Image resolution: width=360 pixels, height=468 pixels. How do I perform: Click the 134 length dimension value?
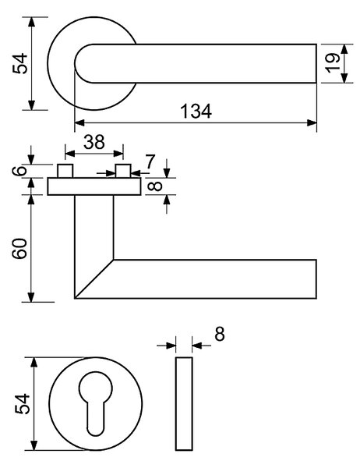pyautogui.click(x=196, y=111)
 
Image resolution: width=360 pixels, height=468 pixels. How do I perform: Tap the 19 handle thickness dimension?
pyautogui.click(x=333, y=63)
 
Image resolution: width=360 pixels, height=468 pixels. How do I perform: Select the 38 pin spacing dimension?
pyautogui.click(x=94, y=142)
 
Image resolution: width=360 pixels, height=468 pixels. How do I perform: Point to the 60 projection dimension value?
pyautogui.click(x=19, y=248)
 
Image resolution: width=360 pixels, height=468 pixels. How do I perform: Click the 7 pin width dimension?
pyautogui.click(x=150, y=161)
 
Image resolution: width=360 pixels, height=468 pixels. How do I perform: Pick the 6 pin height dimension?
pyautogui.click(x=19, y=171)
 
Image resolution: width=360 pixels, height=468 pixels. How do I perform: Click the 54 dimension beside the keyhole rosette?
pyautogui.click(x=23, y=404)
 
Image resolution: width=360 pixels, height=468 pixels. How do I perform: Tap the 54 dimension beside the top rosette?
pyautogui.click(x=20, y=64)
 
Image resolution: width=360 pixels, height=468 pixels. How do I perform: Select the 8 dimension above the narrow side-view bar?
pyautogui.click(x=219, y=334)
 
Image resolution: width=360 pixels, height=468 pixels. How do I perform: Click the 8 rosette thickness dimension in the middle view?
pyautogui.click(x=155, y=186)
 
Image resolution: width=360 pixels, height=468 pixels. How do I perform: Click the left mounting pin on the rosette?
pyautogui.click(x=65, y=171)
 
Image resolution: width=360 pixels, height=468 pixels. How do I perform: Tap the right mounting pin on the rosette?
pyautogui.click(x=123, y=171)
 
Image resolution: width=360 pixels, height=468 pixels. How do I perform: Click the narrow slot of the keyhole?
pyautogui.click(x=96, y=418)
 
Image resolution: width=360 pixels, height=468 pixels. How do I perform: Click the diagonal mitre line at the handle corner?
pyautogui.click(x=94, y=278)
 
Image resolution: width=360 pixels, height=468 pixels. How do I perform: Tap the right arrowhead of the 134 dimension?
pyautogui.click(x=312, y=122)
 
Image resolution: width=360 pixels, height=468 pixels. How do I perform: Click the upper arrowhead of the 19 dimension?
pyautogui.click(x=344, y=49)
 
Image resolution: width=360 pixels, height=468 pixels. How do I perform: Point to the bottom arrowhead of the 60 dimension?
pyautogui.click(x=31, y=297)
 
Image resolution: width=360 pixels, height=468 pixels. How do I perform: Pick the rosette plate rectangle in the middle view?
pyautogui.click(x=94, y=186)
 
